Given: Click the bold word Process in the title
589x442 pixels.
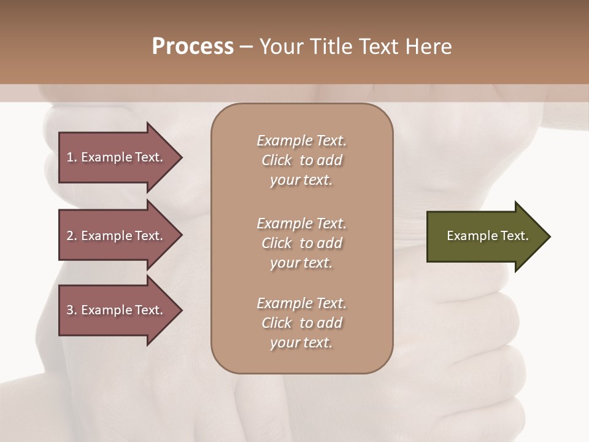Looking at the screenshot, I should (x=193, y=47).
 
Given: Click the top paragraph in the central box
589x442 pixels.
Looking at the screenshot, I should (x=301, y=160).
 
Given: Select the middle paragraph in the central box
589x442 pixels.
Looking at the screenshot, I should (x=301, y=243).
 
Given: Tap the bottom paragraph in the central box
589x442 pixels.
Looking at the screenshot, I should (x=301, y=323).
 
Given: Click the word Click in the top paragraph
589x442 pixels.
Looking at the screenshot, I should (x=277, y=160).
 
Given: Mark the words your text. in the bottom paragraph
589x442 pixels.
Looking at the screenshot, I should (x=301, y=343).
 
